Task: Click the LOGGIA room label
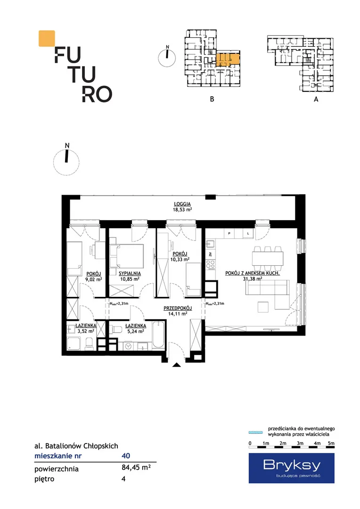pyautogui.click(x=182, y=204)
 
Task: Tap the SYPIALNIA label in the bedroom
pyautogui.click(x=130, y=274)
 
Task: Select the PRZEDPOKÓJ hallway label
pyautogui.click(x=178, y=308)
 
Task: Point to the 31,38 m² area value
pyautogui.click(x=253, y=279)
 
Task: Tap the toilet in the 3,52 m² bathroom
pyautogui.click(x=88, y=344)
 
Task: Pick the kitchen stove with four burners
pyautogui.click(x=210, y=264)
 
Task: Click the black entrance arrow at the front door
pyautogui.click(x=176, y=365)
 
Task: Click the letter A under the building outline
pyautogui.click(x=316, y=99)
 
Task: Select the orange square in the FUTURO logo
pyautogui.click(x=47, y=38)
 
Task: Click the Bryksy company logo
pyautogui.click(x=292, y=468)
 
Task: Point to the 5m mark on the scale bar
pyautogui.click(x=331, y=443)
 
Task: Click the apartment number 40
pyautogui.click(x=126, y=456)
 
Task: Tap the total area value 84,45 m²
pyautogui.click(x=136, y=468)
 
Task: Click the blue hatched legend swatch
pyautogui.click(x=256, y=432)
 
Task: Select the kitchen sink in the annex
pyautogui.click(x=210, y=243)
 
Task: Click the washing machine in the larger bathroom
pyautogui.click(x=128, y=346)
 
